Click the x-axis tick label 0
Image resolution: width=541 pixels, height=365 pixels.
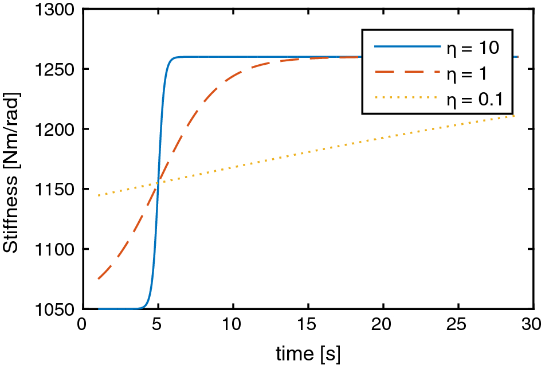(x=83, y=325)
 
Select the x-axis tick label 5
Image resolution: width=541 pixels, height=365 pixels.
(x=158, y=325)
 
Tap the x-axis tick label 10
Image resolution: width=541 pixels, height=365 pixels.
(x=233, y=325)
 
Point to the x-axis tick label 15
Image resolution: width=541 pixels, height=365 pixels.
(x=308, y=325)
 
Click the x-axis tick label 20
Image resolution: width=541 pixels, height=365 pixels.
(x=383, y=325)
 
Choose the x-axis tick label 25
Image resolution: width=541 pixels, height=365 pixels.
(x=458, y=325)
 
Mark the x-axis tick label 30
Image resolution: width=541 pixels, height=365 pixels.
(x=532, y=325)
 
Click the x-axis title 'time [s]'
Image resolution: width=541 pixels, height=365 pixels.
(x=308, y=352)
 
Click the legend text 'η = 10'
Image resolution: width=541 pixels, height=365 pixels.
(x=473, y=48)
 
